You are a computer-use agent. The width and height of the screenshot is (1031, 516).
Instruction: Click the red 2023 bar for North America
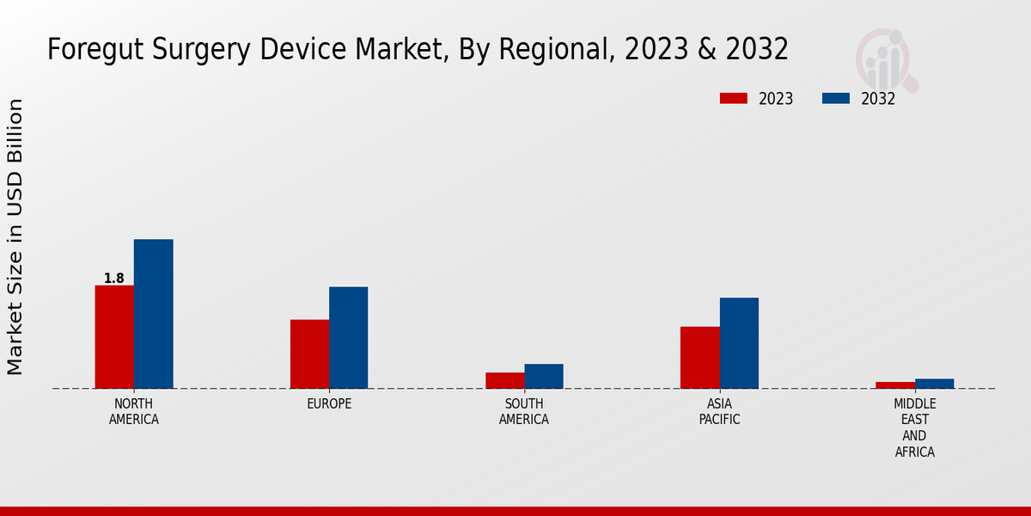114,336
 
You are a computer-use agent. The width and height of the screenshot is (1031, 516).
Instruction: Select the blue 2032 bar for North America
154,313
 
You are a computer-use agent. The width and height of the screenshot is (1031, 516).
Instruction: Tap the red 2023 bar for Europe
309,353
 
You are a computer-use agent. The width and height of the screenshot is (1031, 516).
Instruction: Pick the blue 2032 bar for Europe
349,337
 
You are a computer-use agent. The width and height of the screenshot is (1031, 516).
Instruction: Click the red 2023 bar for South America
504,380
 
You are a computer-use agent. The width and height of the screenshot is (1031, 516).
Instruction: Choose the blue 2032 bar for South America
544,376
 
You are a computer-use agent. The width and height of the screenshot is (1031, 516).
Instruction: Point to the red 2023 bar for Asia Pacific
700,357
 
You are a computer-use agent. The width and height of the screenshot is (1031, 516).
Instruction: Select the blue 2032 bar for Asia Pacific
739,342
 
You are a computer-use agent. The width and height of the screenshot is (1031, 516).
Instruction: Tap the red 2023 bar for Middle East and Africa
895,384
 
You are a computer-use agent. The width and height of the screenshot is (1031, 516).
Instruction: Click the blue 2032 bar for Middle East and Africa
935,384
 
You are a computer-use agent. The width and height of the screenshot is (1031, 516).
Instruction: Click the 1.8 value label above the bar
113,278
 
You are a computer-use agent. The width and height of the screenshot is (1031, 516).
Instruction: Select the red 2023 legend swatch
734,98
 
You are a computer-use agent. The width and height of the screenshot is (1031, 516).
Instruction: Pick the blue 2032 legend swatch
836,98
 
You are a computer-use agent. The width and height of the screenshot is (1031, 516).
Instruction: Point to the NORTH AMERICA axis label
134,412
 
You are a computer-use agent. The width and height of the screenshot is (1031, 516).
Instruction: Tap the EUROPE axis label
329,403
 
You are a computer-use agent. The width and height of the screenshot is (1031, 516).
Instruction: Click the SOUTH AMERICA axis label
524,412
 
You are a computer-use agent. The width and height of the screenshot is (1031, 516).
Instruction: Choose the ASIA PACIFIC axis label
719,412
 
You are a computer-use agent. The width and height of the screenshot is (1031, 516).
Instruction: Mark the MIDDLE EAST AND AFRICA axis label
915,427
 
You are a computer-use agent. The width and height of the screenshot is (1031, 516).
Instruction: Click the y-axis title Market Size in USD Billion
15,236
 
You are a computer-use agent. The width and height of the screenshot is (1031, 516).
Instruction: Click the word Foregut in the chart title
96,50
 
